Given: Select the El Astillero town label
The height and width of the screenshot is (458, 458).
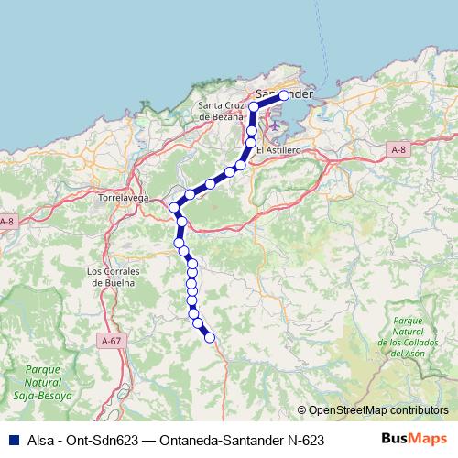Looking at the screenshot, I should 278,149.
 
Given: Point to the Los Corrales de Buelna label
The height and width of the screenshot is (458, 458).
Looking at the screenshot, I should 111,277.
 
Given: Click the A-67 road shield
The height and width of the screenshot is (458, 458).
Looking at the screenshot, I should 111,341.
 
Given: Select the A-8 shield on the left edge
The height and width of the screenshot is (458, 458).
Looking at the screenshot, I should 6,223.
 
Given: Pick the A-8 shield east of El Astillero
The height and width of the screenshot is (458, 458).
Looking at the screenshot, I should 398,148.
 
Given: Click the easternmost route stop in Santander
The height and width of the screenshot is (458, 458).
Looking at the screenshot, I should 284,95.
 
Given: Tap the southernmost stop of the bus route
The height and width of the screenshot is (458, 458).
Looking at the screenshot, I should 210,337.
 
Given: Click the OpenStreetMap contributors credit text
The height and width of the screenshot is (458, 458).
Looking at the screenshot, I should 378,411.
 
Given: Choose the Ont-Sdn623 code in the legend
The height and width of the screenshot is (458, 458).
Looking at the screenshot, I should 97,440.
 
